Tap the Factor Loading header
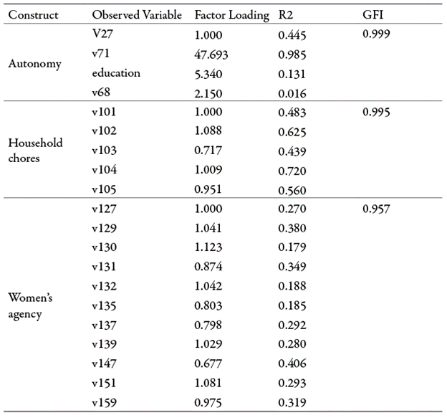click(x=231, y=15)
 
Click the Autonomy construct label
click(x=34, y=64)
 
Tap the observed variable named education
click(x=116, y=73)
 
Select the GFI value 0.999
click(x=377, y=34)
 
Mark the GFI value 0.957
click(x=377, y=209)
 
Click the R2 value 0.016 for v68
click(x=292, y=93)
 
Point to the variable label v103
click(x=105, y=151)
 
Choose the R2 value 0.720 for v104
click(x=292, y=171)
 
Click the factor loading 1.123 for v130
click(x=208, y=248)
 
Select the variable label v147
click(x=105, y=365)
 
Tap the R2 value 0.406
click(x=292, y=365)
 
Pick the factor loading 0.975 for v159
click(x=208, y=404)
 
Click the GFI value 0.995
click(x=377, y=112)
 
